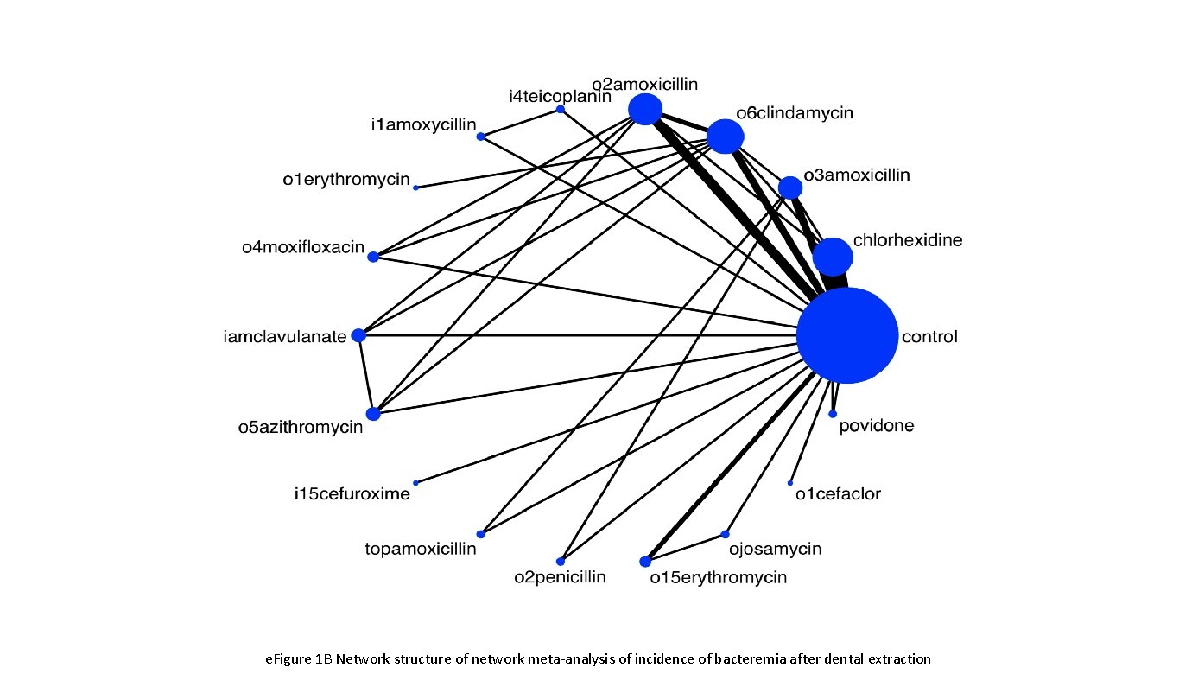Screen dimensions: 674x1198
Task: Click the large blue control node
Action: point(846,335)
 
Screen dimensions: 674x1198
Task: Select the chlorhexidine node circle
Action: point(833,257)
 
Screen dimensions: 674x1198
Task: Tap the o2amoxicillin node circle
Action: point(645,110)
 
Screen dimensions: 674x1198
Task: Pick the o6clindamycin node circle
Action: point(725,136)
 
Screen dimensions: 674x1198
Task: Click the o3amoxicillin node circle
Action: point(789,188)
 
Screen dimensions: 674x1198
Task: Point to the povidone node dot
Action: point(833,415)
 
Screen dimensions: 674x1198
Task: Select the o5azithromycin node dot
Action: point(373,414)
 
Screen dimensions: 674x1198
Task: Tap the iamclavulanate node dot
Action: point(358,335)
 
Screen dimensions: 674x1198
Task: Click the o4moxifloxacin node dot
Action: point(373,257)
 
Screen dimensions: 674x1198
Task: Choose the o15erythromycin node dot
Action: point(645,562)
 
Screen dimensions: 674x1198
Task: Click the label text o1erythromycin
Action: point(345,180)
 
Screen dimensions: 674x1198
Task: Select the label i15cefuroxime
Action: point(352,495)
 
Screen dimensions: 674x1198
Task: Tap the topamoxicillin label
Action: point(421,549)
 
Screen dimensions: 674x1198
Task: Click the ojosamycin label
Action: point(774,549)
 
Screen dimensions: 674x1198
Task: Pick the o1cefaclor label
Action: point(838,494)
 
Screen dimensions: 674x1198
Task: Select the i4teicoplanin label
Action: point(559,96)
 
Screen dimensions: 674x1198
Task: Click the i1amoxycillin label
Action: point(423,125)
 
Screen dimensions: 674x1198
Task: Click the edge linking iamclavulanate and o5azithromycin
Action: point(365,375)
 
